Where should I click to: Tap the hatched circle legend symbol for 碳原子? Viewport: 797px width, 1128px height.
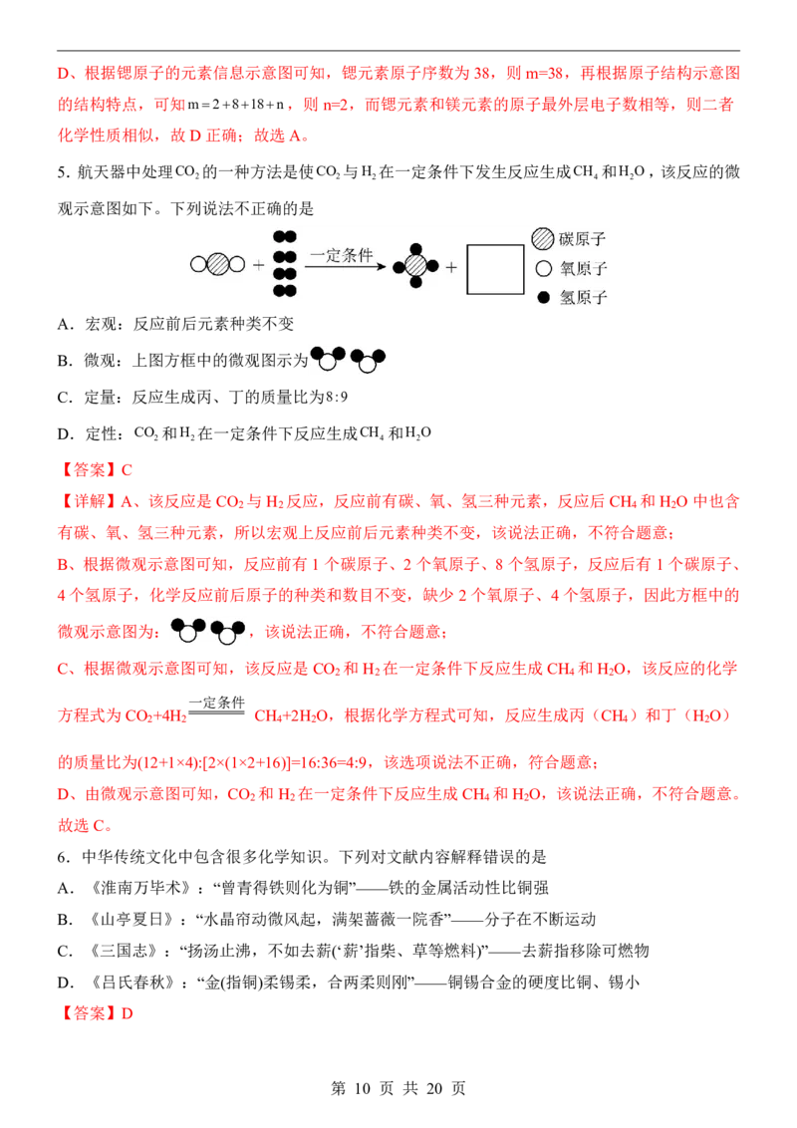pyautogui.click(x=542, y=239)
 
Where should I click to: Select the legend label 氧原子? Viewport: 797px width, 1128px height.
pyautogui.click(x=584, y=268)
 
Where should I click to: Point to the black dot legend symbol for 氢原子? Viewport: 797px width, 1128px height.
pyautogui.click(x=544, y=297)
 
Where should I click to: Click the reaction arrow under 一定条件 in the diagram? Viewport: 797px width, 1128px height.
pyautogui.click(x=346, y=267)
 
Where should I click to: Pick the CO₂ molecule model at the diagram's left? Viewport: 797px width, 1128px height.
pyautogui.click(x=217, y=264)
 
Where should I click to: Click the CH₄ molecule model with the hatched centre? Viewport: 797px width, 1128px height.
pyautogui.click(x=415, y=266)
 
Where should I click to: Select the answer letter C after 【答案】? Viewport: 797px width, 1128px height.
pyautogui.click(x=127, y=470)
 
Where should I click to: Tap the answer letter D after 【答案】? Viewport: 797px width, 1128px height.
pyautogui.click(x=128, y=1013)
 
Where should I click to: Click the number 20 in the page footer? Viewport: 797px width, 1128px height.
pyautogui.click(x=434, y=1088)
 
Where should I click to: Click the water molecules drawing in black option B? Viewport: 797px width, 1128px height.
pyautogui.click(x=348, y=359)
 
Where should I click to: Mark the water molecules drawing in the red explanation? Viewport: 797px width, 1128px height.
pyautogui.click(x=208, y=631)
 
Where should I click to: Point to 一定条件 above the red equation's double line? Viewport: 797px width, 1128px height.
pyautogui.click(x=216, y=703)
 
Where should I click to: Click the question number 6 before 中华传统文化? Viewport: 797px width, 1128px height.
pyautogui.click(x=63, y=857)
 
